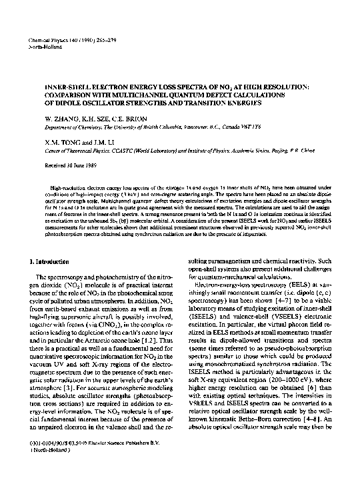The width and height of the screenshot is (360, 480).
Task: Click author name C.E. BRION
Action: coord(117,116)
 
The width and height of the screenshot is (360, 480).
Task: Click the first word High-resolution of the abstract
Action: coord(67,190)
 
